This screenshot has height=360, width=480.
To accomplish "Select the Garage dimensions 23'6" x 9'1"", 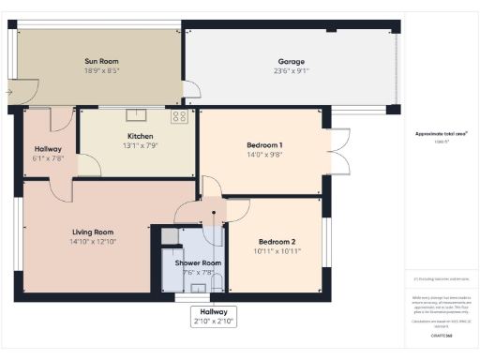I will tap(292, 69).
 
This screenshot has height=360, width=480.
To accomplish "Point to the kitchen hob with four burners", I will tap(179, 117).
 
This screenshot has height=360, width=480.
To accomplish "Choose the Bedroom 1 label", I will tap(264, 145).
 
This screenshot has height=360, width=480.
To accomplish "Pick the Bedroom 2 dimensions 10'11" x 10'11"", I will tap(277, 251).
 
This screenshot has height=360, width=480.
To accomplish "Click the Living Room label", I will tap(92, 232).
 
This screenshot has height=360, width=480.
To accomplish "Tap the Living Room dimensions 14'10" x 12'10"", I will tap(92, 242).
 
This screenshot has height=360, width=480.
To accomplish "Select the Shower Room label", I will tap(198, 263).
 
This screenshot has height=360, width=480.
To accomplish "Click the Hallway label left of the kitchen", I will tap(48, 149).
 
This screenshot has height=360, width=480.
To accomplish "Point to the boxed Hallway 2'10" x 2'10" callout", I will tap(214, 316).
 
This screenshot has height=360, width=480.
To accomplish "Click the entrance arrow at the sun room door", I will tap(8, 92).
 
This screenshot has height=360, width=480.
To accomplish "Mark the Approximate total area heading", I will tap(441, 134).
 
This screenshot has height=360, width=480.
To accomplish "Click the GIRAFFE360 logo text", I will tap(442, 335).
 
